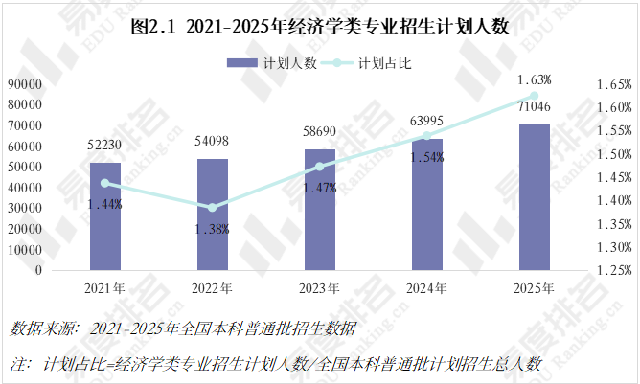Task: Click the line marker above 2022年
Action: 213,207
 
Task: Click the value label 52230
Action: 105,146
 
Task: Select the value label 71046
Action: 535,106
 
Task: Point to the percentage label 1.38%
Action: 213,228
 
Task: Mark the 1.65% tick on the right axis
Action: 613,84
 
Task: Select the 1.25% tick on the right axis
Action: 613,270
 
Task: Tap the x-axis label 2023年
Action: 320,287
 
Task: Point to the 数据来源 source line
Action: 182,329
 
